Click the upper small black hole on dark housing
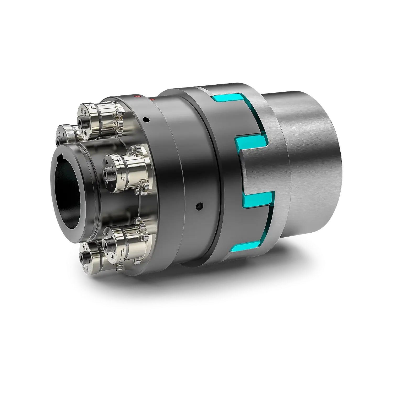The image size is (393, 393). coord(146,120)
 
